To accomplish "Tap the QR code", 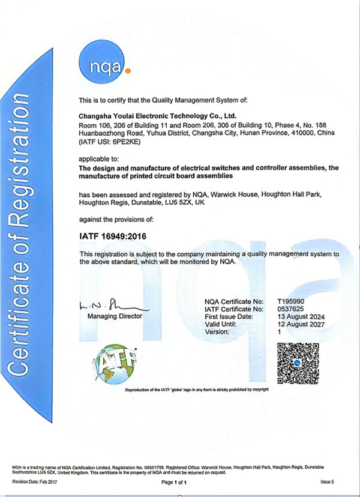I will click(298, 363).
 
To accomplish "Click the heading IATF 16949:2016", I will click(112, 236).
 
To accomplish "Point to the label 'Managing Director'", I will click(115, 316).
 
